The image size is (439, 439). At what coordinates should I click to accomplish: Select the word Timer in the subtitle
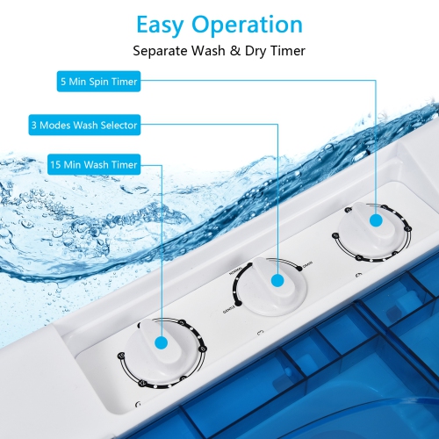(x=283, y=51)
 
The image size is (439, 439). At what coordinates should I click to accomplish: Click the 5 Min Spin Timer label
(x=98, y=83)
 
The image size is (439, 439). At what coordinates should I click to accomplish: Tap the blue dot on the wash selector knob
(x=277, y=281)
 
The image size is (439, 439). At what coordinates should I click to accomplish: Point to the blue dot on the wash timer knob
(x=162, y=345)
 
